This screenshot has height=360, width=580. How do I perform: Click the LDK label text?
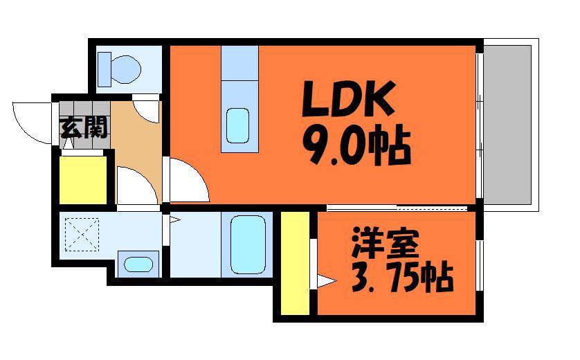pyautogui.click(x=348, y=98)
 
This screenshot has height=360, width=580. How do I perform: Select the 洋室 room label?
pyautogui.click(x=386, y=243)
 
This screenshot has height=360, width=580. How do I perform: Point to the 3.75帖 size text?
pyautogui.click(x=402, y=277)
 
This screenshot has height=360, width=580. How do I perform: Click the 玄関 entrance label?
pyautogui.click(x=84, y=127)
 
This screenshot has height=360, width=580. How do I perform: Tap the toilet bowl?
pyautogui.click(x=126, y=69)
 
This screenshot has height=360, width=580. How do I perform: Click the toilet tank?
pyautogui.click(x=105, y=69)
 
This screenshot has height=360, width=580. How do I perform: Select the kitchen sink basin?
pyautogui.click(x=237, y=125)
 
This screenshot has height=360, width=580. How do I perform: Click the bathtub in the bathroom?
pyautogui.click(x=248, y=244)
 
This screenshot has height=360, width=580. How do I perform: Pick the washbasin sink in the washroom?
pyautogui.click(x=138, y=264)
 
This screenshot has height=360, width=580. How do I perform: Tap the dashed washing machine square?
pyautogui.click(x=82, y=235)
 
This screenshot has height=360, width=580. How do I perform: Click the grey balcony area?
pyautogui.click(x=507, y=125)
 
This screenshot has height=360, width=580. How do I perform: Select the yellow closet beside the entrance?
pyautogui.click(x=83, y=180)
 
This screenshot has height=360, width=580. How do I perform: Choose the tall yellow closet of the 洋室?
pyautogui.click(x=295, y=263)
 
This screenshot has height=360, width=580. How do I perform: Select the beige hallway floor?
pyautogui.click(x=137, y=148)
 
